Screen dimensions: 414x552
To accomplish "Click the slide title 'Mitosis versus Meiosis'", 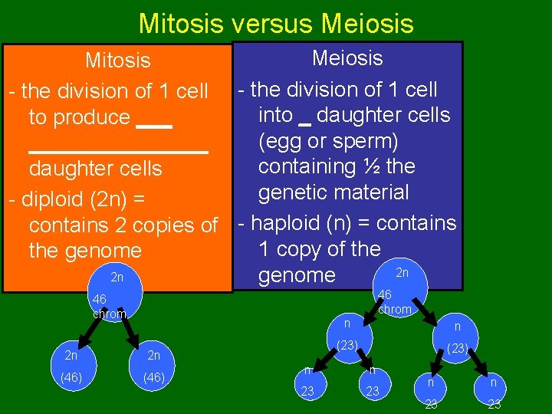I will pyautogui.click(x=276, y=23).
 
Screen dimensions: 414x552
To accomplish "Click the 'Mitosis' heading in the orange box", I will pyautogui.click(x=117, y=60).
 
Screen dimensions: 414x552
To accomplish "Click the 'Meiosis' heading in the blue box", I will pyautogui.click(x=347, y=58).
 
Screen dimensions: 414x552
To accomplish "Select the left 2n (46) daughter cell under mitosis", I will pyautogui.click(x=71, y=366).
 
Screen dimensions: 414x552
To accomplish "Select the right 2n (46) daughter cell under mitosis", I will pyautogui.click(x=154, y=366).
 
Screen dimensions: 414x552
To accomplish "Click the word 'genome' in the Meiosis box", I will pyautogui.click(x=297, y=276).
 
